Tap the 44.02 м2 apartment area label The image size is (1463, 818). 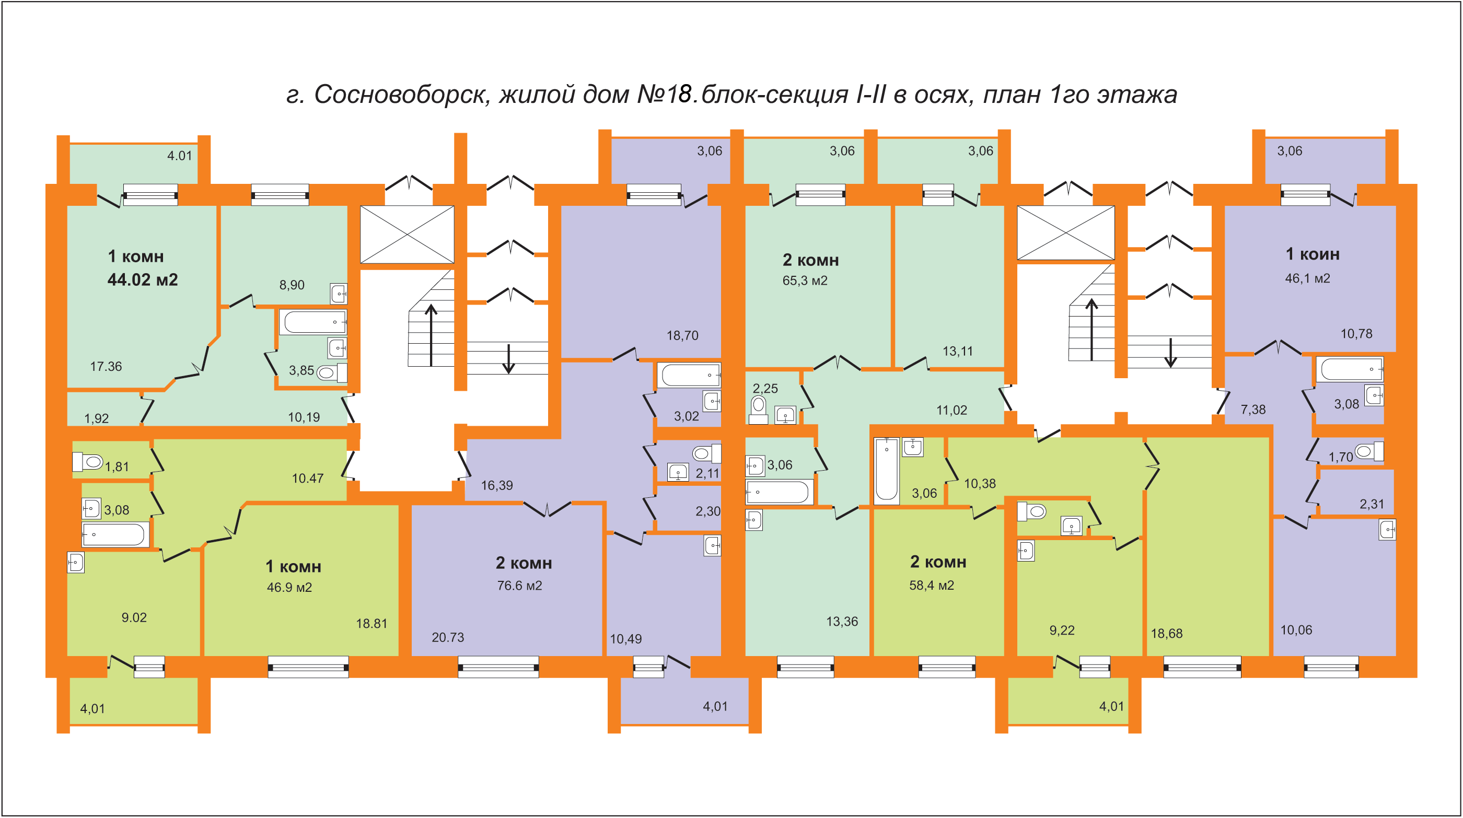[x=143, y=279]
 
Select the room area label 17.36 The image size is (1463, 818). [x=106, y=366]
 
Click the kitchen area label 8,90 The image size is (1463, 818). [x=292, y=285]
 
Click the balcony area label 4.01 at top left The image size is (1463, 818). [x=179, y=156]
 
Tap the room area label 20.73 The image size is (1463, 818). [x=448, y=637]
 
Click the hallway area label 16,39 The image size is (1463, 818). [x=497, y=485]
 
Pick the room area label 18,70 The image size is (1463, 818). [x=683, y=335]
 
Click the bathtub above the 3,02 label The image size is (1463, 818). [x=689, y=375]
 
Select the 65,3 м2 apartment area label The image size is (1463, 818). [x=805, y=281]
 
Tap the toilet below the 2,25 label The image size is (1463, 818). [x=758, y=410]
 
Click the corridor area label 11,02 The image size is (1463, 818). [x=952, y=410]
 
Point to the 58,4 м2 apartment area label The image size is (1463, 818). [x=932, y=585]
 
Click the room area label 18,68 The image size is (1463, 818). [x=1167, y=634]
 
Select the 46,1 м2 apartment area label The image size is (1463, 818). [x=1307, y=278]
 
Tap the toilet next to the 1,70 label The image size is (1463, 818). [x=1369, y=451]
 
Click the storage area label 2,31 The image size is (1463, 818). [x=1372, y=504]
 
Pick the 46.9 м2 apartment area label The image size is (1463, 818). [x=289, y=587]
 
